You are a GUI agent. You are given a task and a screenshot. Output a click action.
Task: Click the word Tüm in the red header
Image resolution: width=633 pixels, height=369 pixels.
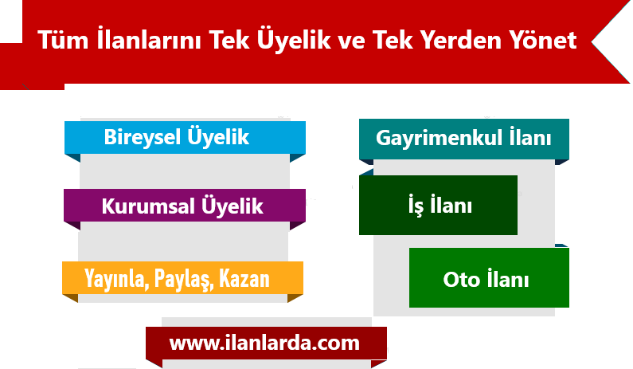63,40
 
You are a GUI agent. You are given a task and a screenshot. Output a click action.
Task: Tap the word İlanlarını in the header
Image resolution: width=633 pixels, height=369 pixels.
149,39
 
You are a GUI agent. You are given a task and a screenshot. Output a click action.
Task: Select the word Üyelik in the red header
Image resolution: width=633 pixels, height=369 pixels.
294,40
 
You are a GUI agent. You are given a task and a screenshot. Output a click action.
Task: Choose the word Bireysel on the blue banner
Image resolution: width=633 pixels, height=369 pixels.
142,138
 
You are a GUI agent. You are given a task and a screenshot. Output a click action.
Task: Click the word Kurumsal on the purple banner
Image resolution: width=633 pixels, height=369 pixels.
148,206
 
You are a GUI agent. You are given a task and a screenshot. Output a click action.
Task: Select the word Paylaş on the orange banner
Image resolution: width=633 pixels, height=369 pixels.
184,279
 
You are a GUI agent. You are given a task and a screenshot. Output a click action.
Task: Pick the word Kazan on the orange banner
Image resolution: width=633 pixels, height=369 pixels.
244,278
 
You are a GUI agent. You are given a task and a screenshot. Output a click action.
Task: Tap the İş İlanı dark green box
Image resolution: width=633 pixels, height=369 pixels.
438,205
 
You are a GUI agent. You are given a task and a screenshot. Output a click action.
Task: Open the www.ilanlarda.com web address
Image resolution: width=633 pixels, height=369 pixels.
264,343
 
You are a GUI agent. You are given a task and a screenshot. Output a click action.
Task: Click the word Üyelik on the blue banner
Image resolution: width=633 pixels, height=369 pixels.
218,137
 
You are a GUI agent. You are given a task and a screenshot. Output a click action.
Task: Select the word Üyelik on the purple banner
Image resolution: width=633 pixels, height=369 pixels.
232,206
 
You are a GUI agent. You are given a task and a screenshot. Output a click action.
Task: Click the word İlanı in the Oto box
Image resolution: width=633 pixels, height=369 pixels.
508,278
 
